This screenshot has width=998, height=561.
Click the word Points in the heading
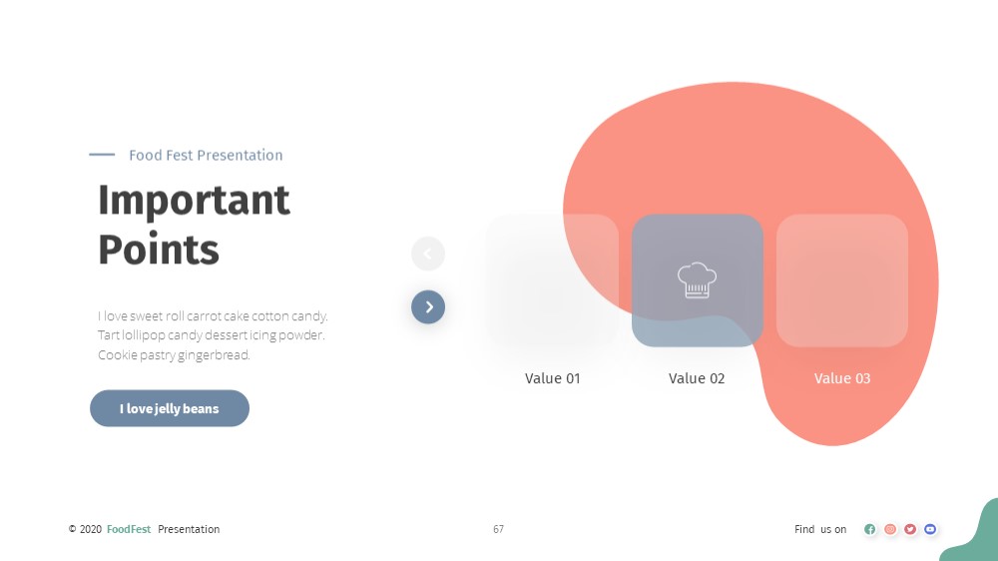click(159, 249)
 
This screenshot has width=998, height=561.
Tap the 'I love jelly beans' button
click(170, 408)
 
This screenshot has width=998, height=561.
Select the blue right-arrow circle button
click(428, 306)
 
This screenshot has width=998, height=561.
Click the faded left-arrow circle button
click(428, 255)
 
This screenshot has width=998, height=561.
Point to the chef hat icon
click(697, 280)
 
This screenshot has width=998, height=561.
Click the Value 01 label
click(553, 378)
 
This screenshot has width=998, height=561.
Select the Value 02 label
click(697, 378)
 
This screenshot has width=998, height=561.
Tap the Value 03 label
click(842, 378)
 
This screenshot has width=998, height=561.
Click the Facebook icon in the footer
click(870, 529)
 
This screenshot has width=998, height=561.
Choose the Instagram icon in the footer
click(890, 529)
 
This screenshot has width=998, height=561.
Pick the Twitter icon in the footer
click(910, 529)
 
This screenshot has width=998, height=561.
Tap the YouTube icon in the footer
click(930, 529)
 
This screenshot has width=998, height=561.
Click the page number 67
click(498, 529)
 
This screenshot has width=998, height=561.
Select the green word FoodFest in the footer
click(129, 529)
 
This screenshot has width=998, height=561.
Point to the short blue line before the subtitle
click(102, 154)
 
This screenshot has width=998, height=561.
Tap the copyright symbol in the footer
click(73, 529)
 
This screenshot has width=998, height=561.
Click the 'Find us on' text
click(820, 529)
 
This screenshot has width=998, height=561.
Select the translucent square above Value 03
click(842, 280)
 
